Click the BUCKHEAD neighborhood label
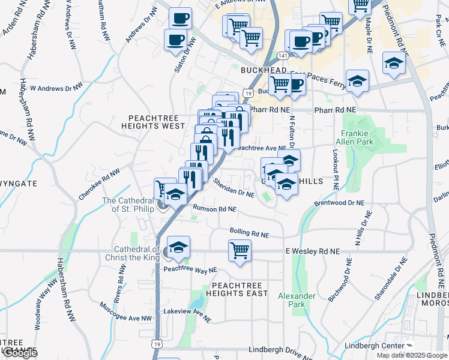pyautogui.click(x=262, y=70)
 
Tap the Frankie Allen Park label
pyautogui.click(x=357, y=137)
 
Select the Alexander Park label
pyautogui.click(x=297, y=300)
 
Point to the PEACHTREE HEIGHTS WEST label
pyautogui.click(x=153, y=122)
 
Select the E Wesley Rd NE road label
pyautogui.click(x=312, y=251)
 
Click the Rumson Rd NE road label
pyautogui.click(x=214, y=209)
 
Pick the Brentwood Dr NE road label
pyautogui.click(x=339, y=203)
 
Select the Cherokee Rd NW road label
pyautogui.click(x=99, y=184)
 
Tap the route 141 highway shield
pyautogui.click(x=282, y=55)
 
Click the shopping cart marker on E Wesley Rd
pyautogui.click(x=240, y=250)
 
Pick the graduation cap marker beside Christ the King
pyautogui.click(x=178, y=247)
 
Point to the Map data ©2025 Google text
pyautogui.click(x=412, y=355)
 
